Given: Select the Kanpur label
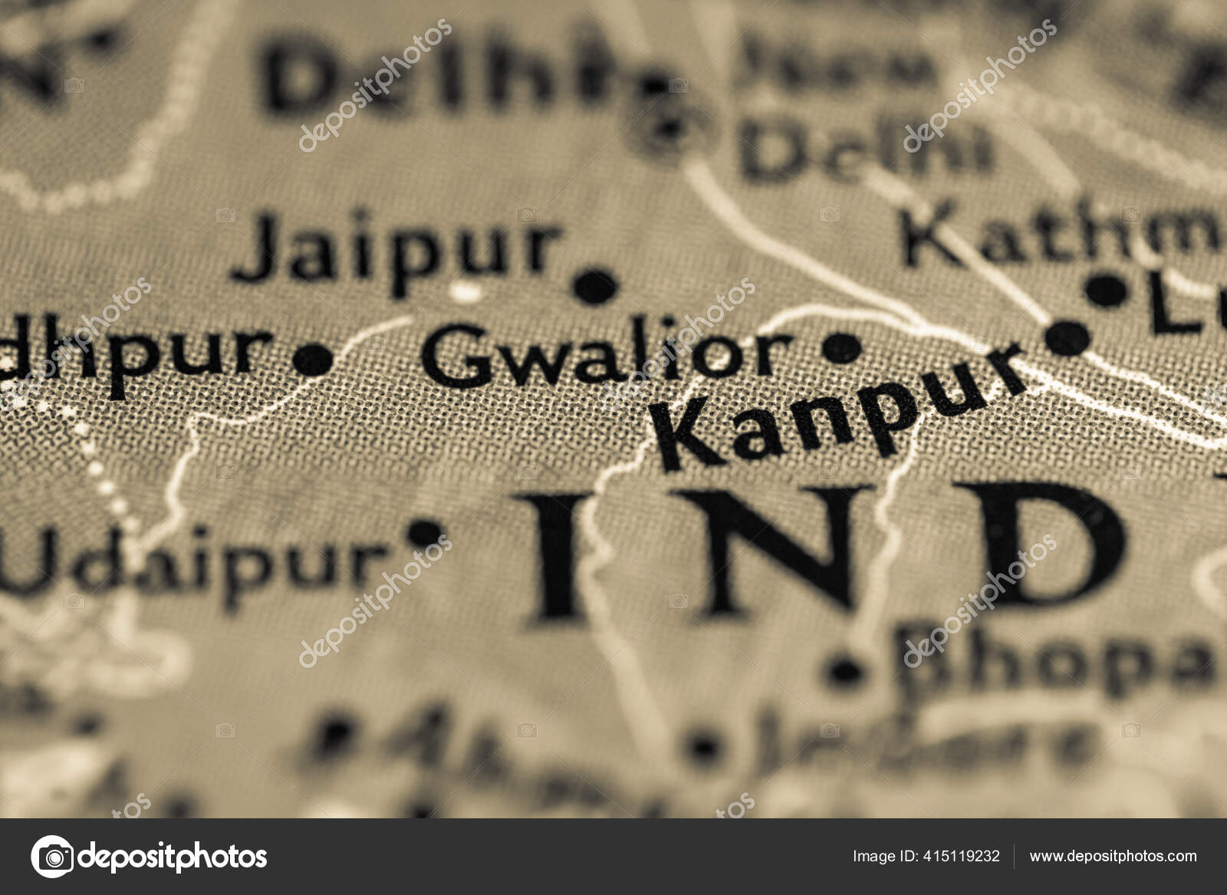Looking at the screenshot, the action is click(x=836, y=406).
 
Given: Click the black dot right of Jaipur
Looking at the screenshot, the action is click(x=596, y=285).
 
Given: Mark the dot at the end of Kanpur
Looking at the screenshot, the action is click(x=1067, y=337).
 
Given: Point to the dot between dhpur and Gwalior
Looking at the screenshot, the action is click(x=313, y=359).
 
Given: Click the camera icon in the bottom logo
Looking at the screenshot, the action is click(x=52, y=857).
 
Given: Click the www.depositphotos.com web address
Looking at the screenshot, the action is click(x=1113, y=857).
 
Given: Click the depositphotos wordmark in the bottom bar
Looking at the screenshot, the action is click(x=173, y=857).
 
